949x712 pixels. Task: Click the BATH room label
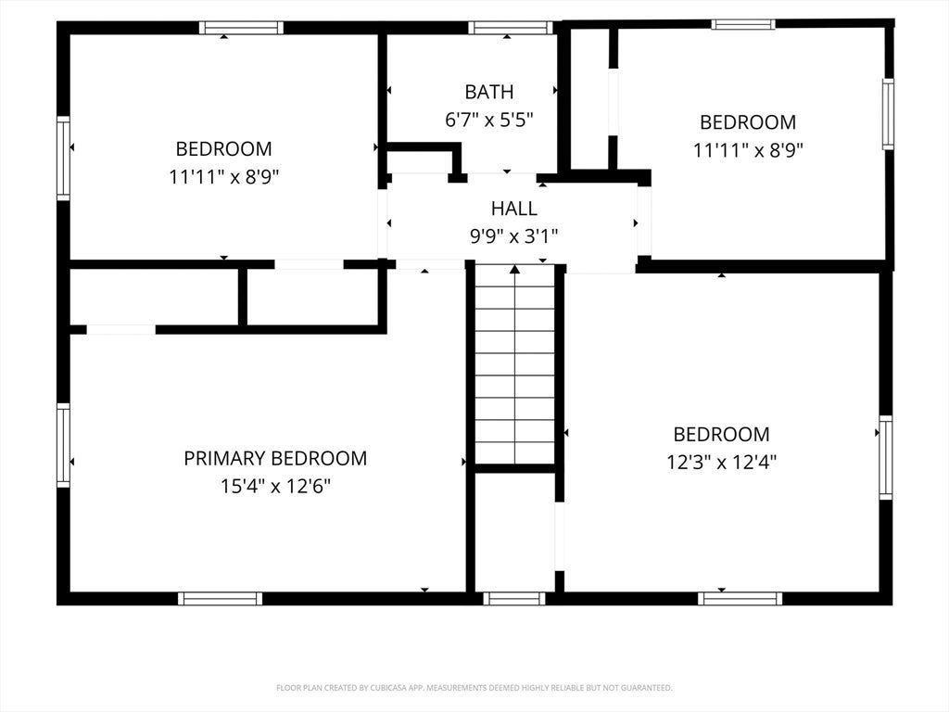point(489,92)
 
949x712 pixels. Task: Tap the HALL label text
point(513,209)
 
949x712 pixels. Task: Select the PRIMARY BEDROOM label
point(275,458)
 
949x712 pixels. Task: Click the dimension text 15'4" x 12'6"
point(275,486)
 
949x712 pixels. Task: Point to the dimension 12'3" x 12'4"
point(721,463)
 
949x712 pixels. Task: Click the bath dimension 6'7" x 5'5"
point(489,120)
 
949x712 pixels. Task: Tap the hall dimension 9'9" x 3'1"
point(513,236)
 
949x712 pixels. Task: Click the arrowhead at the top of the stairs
point(514,269)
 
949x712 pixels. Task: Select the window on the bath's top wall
point(511,27)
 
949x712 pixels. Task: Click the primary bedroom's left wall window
point(63,445)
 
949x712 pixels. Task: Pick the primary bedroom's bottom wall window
point(221,598)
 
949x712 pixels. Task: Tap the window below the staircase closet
point(514,598)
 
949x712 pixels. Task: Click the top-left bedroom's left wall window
point(63,159)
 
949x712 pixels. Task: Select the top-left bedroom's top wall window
point(242,27)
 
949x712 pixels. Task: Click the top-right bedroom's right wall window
point(888,114)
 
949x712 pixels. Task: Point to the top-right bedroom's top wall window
point(743,24)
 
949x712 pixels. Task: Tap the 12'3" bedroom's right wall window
point(885,457)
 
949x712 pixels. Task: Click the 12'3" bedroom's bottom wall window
point(740,598)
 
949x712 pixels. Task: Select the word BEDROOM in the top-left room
point(223,149)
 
